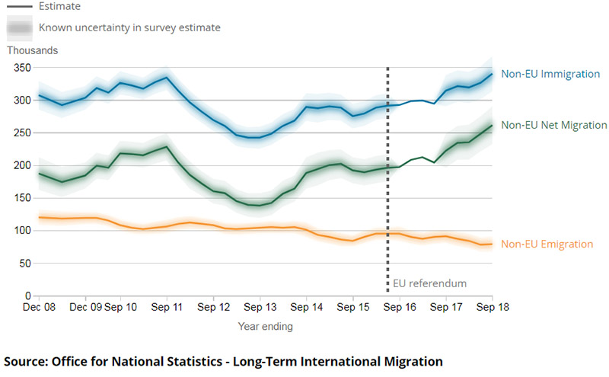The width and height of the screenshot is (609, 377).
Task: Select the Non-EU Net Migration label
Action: coord(554,125)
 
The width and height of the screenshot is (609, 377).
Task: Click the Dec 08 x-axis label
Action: coord(40,308)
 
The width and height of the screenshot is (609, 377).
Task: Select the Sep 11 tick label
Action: coord(166,308)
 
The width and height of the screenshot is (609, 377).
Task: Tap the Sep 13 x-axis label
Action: coord(260,308)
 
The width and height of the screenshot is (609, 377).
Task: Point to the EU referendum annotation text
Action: coord(429,284)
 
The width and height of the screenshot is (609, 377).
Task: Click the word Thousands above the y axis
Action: coord(33,50)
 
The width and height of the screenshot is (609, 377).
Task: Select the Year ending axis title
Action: coord(264,327)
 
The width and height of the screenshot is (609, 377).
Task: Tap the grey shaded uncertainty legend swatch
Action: coord(20,28)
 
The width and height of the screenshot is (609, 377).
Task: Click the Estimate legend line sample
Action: coord(20,5)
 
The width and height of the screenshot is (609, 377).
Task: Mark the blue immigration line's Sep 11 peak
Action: coord(166,78)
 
